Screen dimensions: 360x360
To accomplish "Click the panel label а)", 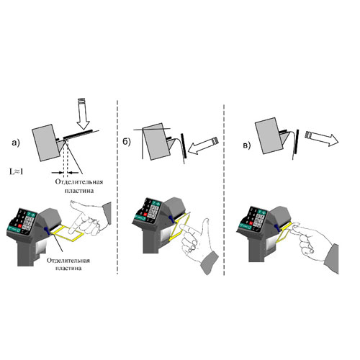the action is point(16,143).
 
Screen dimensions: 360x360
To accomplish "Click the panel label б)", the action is point(127,142).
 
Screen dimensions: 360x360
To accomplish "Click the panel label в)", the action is point(246,145).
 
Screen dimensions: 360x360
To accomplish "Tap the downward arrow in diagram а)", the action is point(83,114).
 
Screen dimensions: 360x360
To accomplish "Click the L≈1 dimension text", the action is point(16,171).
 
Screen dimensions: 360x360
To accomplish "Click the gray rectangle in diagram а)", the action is point(46,143).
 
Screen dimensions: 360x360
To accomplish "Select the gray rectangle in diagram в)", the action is point(269,135).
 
